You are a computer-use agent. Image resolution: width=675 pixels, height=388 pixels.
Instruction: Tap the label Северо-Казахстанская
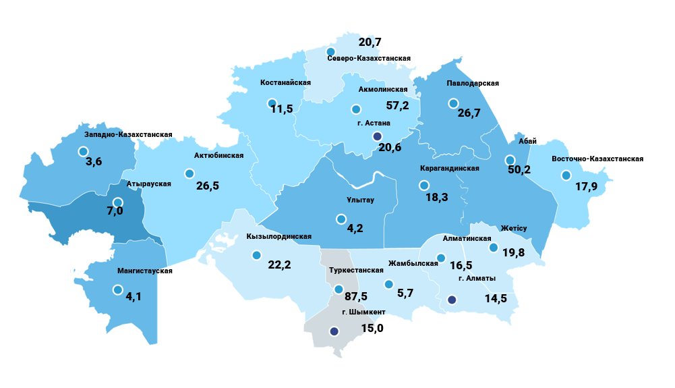[x=369, y=59]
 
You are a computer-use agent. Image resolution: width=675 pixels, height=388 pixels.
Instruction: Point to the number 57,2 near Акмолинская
[x=397, y=105]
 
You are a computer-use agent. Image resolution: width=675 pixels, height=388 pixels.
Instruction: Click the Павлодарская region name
[x=472, y=83]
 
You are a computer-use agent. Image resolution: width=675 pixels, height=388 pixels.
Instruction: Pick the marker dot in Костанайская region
[x=270, y=104]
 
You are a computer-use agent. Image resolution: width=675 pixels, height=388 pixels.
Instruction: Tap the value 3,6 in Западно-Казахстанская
[x=94, y=163]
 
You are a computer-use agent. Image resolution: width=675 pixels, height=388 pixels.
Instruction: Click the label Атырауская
[x=149, y=184]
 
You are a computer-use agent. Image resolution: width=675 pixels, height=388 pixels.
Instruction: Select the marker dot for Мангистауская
[x=118, y=290]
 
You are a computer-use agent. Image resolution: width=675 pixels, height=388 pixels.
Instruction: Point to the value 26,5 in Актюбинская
[x=208, y=185]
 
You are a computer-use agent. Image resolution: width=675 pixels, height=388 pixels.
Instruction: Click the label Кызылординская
[x=278, y=236]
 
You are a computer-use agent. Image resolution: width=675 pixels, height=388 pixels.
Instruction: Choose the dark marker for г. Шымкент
[x=334, y=331]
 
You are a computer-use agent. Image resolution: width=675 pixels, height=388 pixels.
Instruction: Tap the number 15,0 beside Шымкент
[x=372, y=329]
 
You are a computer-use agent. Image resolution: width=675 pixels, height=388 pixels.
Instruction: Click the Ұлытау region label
[x=360, y=200]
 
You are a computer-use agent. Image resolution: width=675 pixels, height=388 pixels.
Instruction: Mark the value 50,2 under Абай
[x=519, y=169]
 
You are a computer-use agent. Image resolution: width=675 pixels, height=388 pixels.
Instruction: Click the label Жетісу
[x=514, y=227]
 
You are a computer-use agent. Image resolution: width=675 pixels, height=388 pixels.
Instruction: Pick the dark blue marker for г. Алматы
[x=452, y=300]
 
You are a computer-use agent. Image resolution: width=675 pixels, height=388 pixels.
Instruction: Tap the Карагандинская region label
[x=449, y=168]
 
